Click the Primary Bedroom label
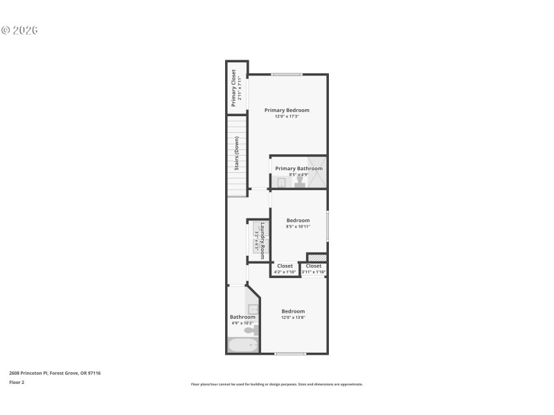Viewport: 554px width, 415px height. tap(287, 110)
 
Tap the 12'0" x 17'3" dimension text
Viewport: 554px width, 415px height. tap(287, 116)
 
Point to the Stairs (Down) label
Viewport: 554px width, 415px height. tap(236, 154)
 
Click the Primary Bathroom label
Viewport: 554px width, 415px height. tap(298, 168)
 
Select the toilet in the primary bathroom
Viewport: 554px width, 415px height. tap(298, 183)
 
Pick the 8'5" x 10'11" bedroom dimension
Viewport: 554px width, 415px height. tap(298, 226)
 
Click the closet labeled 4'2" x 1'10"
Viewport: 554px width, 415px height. tap(285, 269)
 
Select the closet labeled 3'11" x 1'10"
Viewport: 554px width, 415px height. tap(314, 269)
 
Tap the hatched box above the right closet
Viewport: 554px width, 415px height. tap(316, 258)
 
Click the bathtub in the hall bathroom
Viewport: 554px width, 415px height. tap(242, 345)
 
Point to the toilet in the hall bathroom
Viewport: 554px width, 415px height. tap(251, 331)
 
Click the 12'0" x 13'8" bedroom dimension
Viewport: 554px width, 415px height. tap(293, 317)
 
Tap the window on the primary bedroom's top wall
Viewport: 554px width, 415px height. tap(286, 75)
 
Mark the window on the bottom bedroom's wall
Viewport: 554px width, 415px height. tap(290, 354)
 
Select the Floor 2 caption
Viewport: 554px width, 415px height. tap(17, 382)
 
